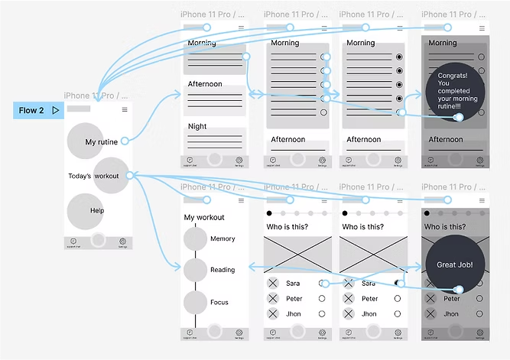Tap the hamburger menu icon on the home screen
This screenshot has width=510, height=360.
[x=125, y=110]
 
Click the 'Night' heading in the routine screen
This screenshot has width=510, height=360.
[x=197, y=127]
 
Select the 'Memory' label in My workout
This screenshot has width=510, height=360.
[x=223, y=239]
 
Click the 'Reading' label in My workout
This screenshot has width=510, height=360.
[x=223, y=270]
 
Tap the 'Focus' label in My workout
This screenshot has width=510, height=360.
[x=219, y=303]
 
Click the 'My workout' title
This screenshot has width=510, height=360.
[x=204, y=218]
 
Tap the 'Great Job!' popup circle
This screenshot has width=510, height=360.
[x=455, y=264]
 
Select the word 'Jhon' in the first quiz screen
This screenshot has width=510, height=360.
[x=293, y=314]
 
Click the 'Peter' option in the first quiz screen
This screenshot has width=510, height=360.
[x=294, y=299]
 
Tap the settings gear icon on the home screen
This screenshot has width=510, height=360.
[x=122, y=242]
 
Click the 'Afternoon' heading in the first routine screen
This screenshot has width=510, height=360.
[x=205, y=84]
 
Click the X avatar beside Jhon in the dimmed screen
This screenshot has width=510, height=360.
[x=430, y=314]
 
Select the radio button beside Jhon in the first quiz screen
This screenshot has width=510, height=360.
[x=322, y=314]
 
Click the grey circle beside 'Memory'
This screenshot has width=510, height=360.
[x=195, y=239]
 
